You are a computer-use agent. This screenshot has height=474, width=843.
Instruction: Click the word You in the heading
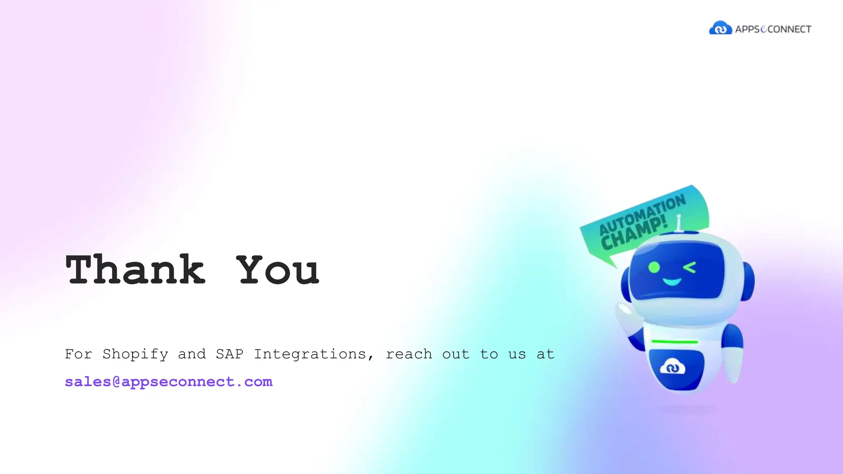(x=278, y=270)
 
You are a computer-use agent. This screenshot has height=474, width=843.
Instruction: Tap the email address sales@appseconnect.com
(x=169, y=382)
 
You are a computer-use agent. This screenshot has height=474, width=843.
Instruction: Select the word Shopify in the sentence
(x=135, y=354)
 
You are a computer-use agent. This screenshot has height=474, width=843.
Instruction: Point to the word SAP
(x=230, y=354)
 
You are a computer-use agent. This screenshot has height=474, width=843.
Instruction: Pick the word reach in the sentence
(x=409, y=354)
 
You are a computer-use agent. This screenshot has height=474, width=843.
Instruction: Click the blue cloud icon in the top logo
(x=720, y=28)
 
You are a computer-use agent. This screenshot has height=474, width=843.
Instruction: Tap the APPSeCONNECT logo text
(x=773, y=29)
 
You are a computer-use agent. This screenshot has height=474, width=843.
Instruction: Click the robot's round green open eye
(x=654, y=267)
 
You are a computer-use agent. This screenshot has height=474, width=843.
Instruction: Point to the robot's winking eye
(x=690, y=267)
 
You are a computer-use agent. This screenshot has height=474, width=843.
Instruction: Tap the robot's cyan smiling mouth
(x=672, y=282)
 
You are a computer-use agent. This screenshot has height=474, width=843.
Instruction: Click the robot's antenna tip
(x=679, y=216)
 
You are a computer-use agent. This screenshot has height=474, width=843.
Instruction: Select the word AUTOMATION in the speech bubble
(x=642, y=214)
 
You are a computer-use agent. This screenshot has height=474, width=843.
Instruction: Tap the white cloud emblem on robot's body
(x=673, y=367)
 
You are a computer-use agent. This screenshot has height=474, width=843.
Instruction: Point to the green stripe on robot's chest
(x=675, y=342)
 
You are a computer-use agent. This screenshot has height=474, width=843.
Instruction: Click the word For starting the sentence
(x=78, y=354)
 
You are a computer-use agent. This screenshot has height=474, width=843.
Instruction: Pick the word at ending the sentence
(x=545, y=354)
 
